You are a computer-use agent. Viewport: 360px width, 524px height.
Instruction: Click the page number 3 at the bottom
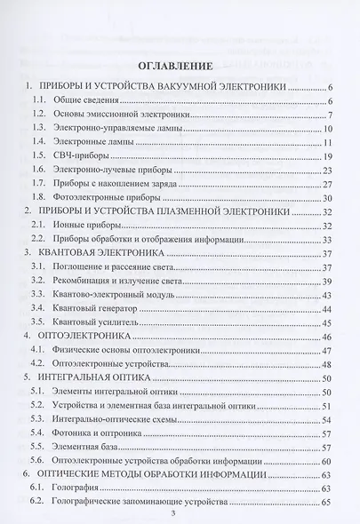[x=187, y=513]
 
